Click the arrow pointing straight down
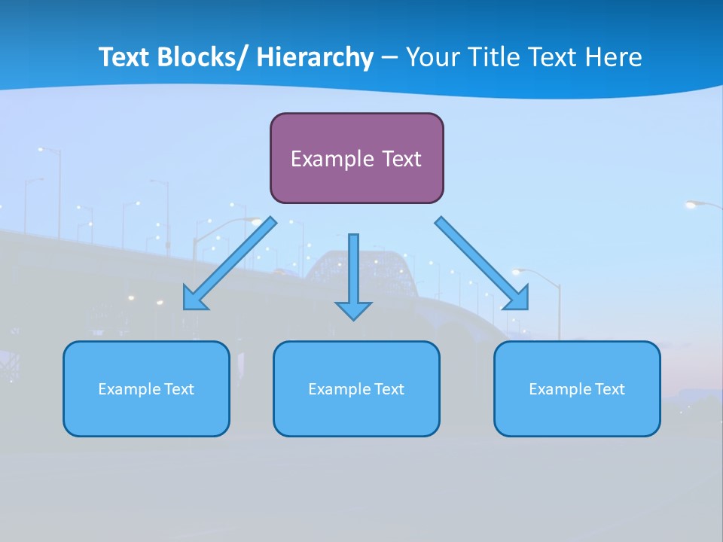tap(353, 271)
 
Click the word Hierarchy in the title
tap(315, 57)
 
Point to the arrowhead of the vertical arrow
tap(353, 310)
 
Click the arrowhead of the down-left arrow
tap(194, 299)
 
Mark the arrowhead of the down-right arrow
tap(517, 298)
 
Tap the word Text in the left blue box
tap(179, 389)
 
